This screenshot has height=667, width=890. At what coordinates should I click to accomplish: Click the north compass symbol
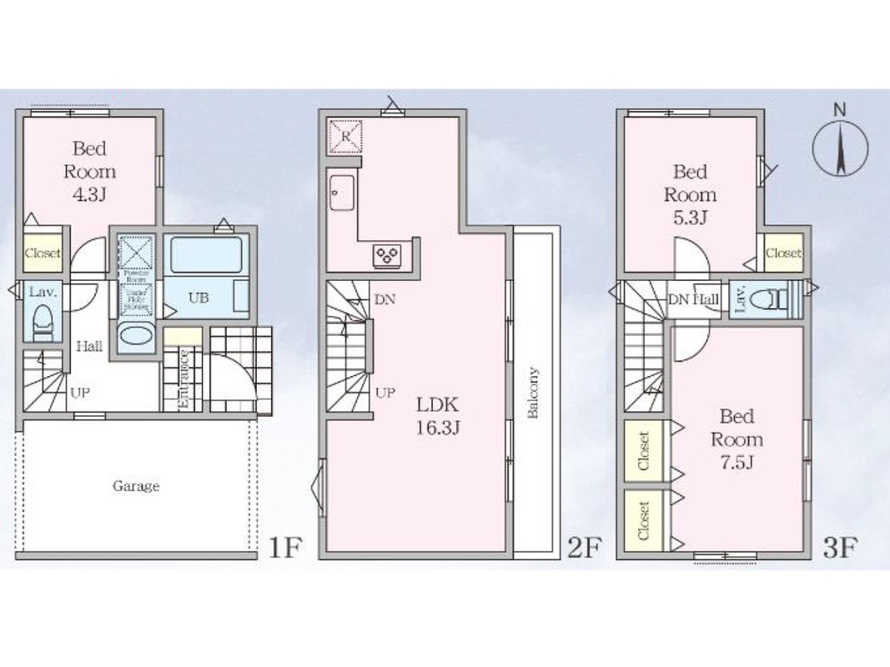840,148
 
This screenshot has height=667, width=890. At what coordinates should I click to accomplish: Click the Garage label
136,486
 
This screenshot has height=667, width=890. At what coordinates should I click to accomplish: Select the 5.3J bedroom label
690,194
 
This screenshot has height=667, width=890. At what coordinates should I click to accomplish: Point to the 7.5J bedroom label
737,439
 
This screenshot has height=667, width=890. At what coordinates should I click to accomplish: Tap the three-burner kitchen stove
388,254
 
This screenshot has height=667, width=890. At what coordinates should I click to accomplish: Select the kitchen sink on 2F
342,195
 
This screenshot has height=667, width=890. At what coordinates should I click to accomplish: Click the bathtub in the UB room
207,254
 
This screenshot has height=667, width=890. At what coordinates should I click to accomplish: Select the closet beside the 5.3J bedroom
783,252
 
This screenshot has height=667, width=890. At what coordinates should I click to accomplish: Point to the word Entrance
185,379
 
